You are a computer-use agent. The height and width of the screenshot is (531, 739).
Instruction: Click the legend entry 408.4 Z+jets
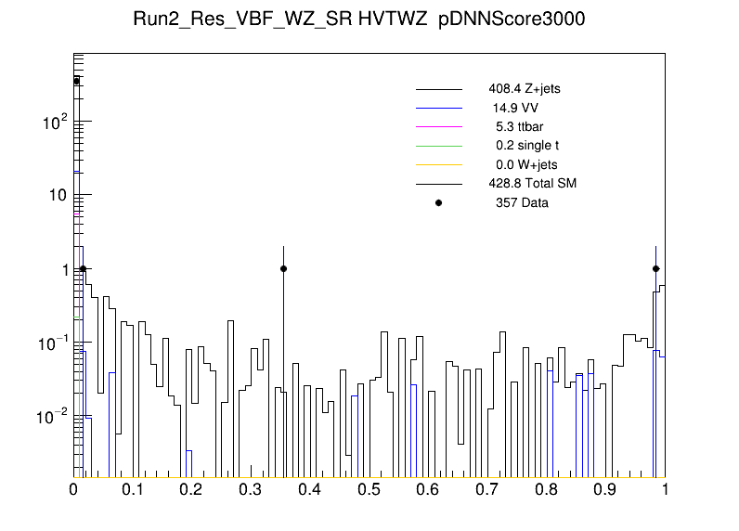[x=524, y=89]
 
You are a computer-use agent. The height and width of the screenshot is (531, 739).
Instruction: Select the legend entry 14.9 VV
[x=515, y=108]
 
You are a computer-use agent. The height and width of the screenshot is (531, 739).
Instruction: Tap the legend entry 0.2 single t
[x=526, y=146]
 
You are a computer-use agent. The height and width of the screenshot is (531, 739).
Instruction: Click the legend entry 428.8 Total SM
[x=532, y=183]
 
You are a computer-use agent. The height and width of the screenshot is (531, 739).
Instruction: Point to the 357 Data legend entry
[x=522, y=202]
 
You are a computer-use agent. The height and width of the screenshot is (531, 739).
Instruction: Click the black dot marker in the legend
[x=439, y=202]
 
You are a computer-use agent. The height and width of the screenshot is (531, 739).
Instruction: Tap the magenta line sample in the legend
[x=438, y=126]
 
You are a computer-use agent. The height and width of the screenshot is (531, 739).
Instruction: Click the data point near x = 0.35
[x=283, y=268]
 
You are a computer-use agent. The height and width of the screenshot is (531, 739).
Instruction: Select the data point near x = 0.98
[x=655, y=268]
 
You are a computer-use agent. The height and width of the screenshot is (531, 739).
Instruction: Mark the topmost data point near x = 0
[x=77, y=81]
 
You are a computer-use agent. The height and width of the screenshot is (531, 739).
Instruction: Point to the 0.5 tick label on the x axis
[x=369, y=489]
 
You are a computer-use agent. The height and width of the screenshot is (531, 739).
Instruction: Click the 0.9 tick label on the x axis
[x=606, y=489]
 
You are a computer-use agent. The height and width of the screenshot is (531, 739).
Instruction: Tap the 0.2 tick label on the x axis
[x=192, y=489]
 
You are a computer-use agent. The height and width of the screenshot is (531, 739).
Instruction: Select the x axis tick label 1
[x=665, y=489]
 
